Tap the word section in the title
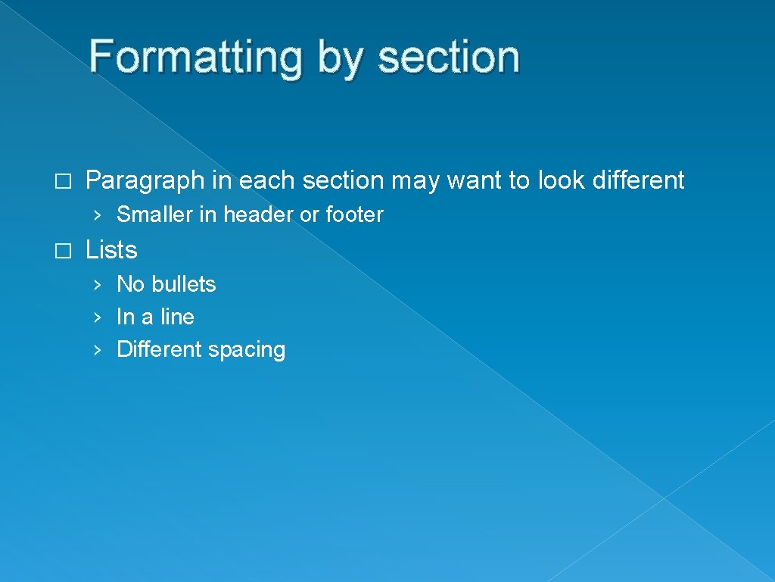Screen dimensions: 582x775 pos(449,58)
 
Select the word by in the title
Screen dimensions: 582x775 pos(340,58)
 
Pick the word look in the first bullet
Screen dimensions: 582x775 pos(554,180)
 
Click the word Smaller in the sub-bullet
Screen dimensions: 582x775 pos(155,214)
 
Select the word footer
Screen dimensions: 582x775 pos(354,214)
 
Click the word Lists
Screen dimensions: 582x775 pos(111,249)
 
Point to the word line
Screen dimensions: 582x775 pos(176,317)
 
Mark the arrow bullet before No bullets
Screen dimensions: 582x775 pos(96,285)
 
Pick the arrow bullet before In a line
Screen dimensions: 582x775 pos(96,318)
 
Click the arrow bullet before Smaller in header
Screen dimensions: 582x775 pos(96,215)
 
